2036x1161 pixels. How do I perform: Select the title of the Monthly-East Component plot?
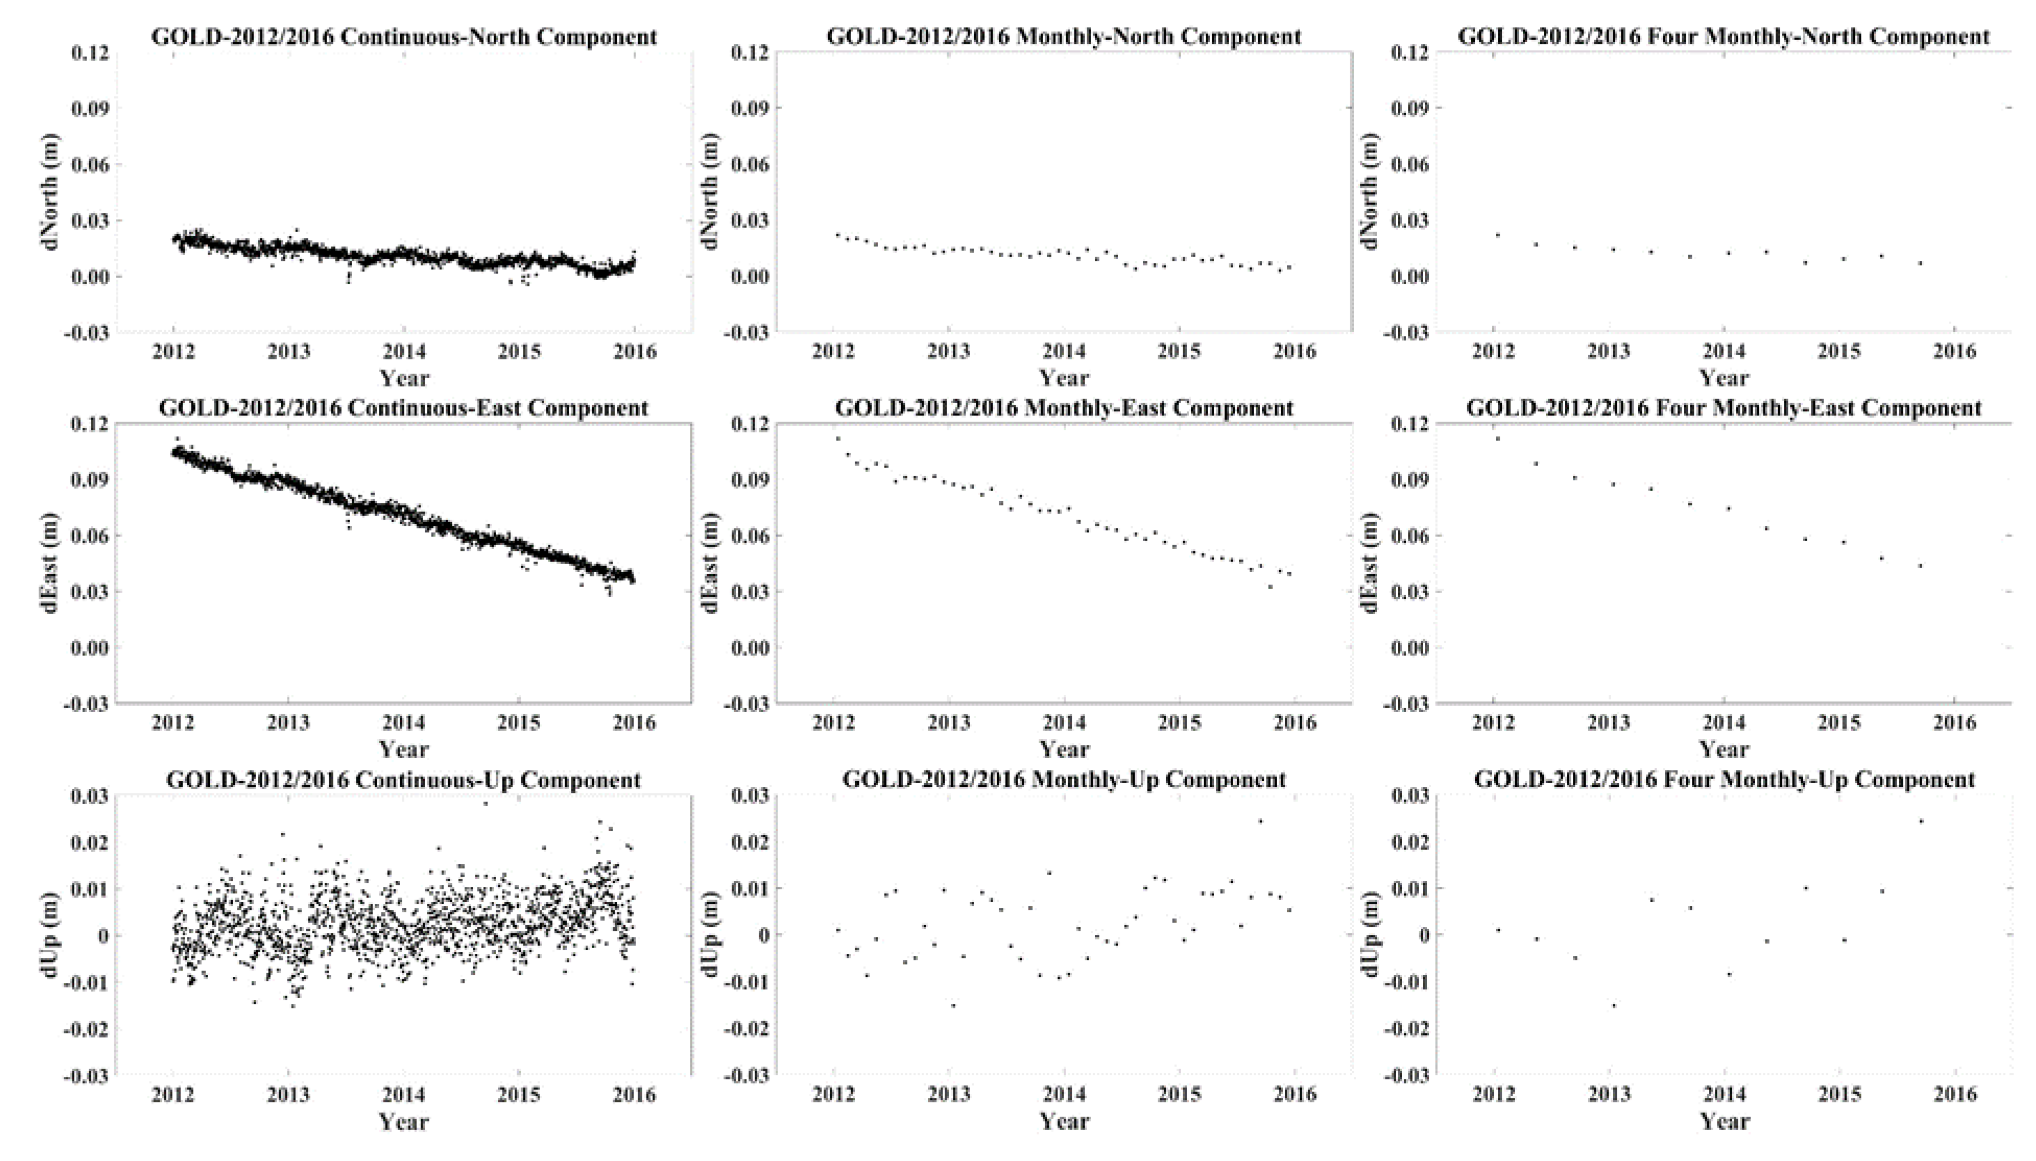(1064, 408)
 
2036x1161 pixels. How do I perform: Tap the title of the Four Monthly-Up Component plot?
(1724, 780)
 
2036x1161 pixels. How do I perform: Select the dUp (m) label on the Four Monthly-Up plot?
(1371, 935)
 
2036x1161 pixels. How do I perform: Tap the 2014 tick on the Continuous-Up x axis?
(403, 1094)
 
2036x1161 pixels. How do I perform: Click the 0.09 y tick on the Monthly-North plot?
(749, 107)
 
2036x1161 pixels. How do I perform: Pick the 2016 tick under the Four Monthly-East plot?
(1955, 722)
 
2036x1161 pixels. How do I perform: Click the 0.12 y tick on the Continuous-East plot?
(89, 424)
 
